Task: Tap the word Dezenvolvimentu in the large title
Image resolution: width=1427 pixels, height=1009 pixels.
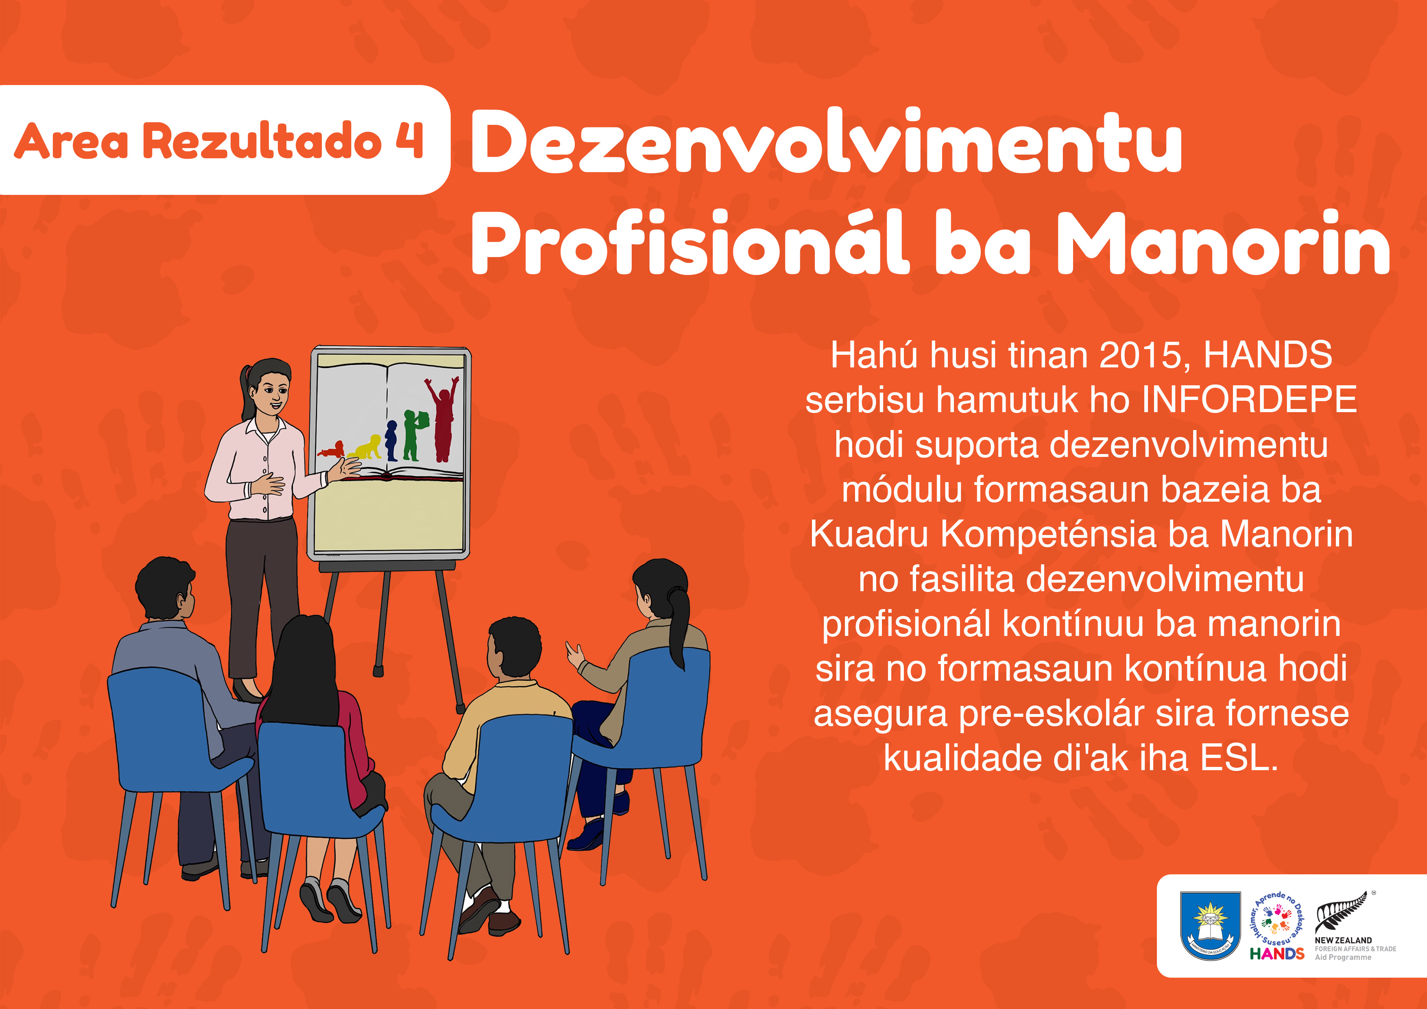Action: point(827,141)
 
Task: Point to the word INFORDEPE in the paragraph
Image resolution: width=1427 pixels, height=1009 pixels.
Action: point(1249,400)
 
